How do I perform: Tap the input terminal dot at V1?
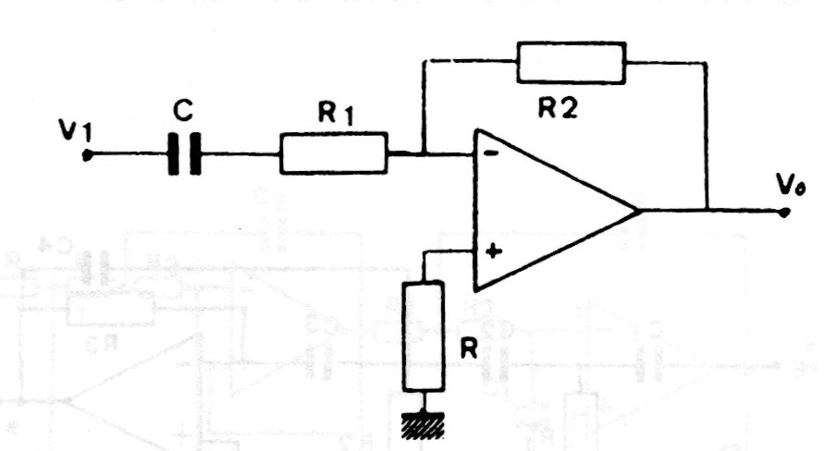[86, 155]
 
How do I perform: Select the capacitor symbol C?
[184, 154]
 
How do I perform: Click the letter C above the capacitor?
[183, 112]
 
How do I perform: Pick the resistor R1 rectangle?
[333, 153]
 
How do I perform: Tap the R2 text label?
[559, 107]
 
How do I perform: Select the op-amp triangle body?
[546, 210]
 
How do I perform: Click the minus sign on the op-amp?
[491, 154]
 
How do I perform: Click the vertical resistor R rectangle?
[424, 335]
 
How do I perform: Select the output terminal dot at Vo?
[784, 212]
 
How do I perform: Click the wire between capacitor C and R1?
[240, 154]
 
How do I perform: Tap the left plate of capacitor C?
[174, 154]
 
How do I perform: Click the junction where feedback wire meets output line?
[707, 211]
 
